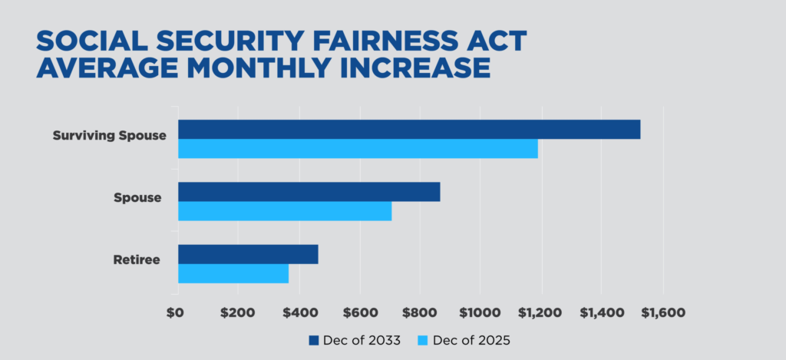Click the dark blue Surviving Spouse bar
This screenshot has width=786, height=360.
(408, 130)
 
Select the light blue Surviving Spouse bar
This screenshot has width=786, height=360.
(358, 149)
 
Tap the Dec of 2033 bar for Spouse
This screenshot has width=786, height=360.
(309, 192)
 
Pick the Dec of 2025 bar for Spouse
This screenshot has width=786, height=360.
(285, 211)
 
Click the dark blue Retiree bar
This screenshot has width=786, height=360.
(248, 254)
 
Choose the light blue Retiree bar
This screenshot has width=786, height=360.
(233, 273)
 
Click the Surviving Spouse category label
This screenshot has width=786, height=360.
(109, 136)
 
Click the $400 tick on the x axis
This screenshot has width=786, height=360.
(299, 313)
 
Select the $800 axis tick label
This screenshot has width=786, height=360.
(420, 313)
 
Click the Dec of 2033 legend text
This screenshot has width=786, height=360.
(361, 340)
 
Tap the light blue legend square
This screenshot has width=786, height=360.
(422, 340)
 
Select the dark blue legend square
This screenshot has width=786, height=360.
(314, 340)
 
